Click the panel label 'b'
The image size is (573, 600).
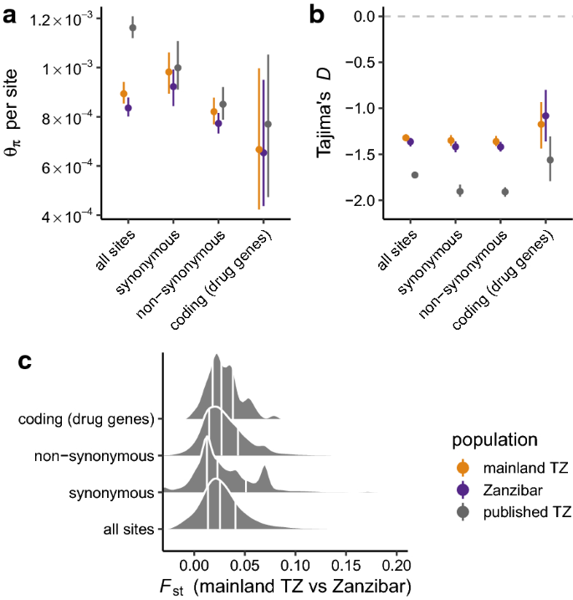(319, 14)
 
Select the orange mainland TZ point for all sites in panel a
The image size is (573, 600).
(124, 94)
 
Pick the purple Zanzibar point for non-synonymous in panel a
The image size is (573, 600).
(218, 123)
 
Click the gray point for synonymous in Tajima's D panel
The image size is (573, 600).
(460, 192)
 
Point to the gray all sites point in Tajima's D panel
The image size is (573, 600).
(415, 175)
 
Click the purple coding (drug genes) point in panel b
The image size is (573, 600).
(545, 116)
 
